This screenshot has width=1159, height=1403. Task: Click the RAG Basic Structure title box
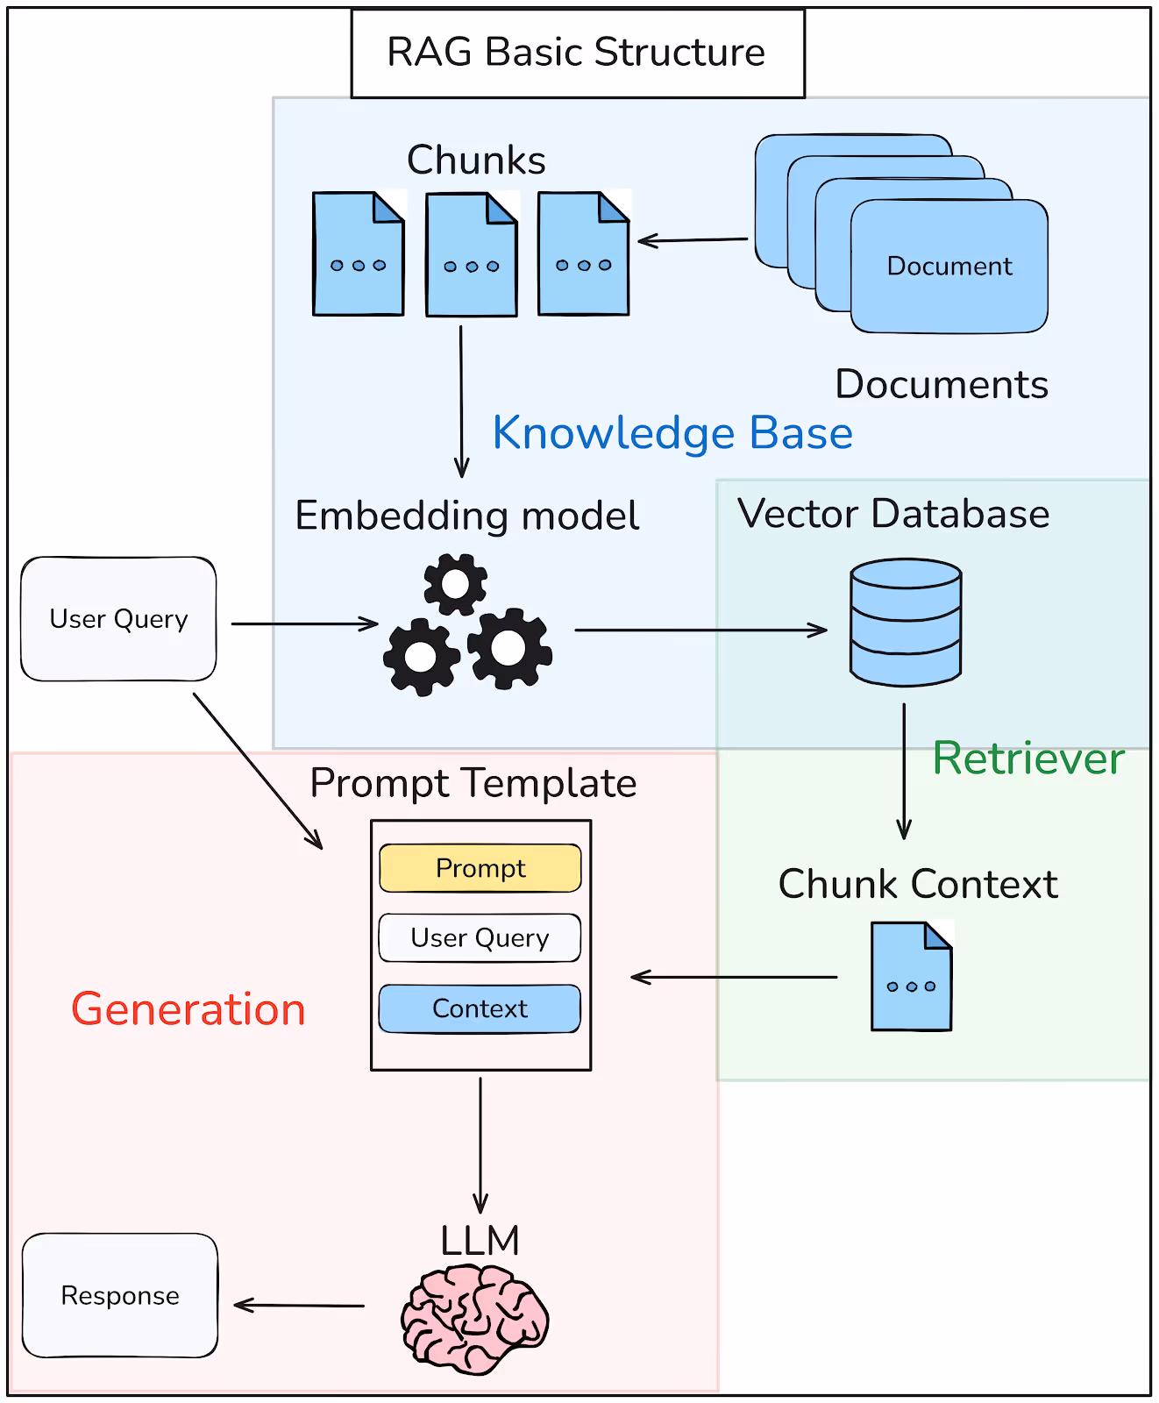tap(578, 53)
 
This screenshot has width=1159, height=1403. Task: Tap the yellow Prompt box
tap(480, 868)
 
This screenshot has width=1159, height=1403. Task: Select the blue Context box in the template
tap(480, 1008)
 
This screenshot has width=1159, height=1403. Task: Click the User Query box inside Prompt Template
tap(480, 938)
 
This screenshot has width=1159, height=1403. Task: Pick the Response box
tap(120, 1296)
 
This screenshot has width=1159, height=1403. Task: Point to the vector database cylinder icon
tap(906, 622)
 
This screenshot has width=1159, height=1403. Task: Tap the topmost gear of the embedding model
tap(456, 584)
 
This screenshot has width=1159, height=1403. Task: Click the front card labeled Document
tap(949, 266)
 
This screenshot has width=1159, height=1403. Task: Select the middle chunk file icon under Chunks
tap(472, 254)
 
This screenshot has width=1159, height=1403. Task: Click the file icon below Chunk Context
tap(912, 976)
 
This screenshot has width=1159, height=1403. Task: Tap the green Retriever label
tap(1028, 758)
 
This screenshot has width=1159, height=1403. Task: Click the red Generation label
tap(188, 1009)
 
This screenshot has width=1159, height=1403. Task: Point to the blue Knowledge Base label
tap(672, 433)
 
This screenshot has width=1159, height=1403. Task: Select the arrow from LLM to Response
tap(299, 1306)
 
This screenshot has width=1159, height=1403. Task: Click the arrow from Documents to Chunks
tap(693, 239)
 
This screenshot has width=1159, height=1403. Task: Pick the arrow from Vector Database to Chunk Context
tap(905, 772)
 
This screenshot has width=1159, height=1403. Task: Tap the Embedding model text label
tap(467, 516)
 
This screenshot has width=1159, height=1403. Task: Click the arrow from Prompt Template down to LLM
tap(480, 1145)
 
